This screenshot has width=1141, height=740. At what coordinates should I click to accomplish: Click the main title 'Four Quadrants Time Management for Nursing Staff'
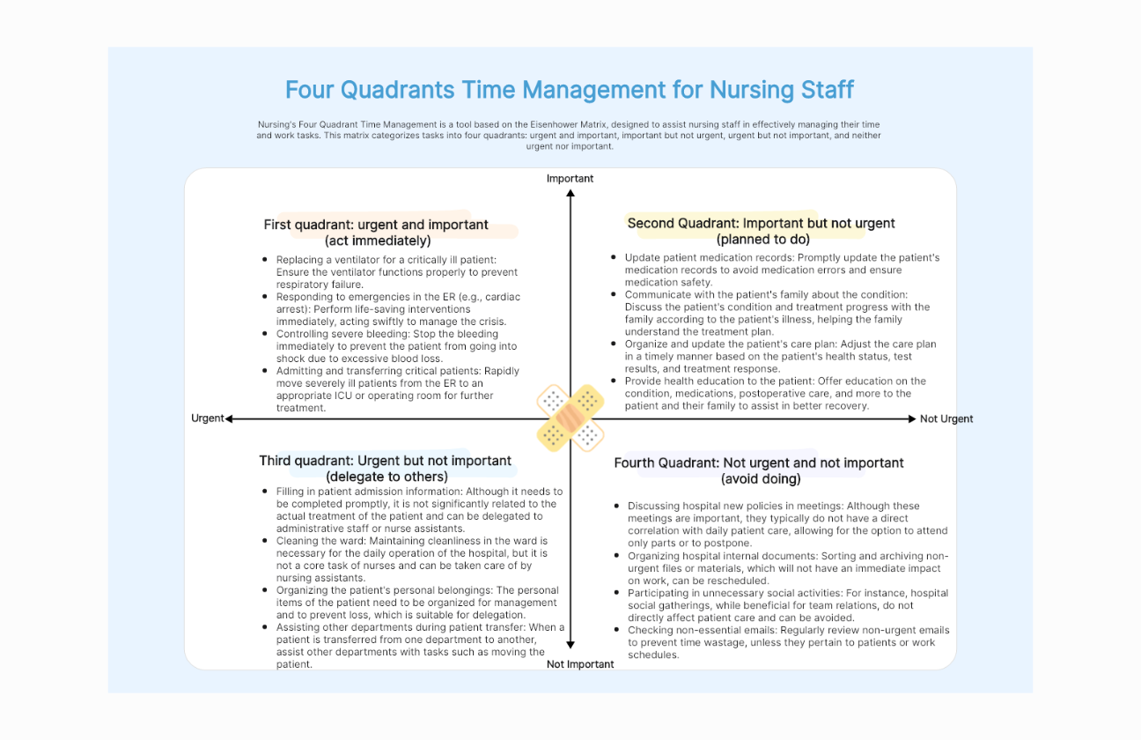click(570, 90)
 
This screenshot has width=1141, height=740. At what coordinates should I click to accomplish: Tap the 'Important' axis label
click(570, 179)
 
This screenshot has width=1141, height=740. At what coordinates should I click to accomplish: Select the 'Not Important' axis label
click(580, 664)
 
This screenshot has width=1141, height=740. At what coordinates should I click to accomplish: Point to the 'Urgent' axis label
click(208, 418)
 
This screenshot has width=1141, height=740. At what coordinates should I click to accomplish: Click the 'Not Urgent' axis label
click(946, 419)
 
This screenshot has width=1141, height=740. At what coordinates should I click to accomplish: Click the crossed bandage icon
click(570, 418)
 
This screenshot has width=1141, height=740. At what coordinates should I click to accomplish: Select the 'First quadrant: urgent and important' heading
click(376, 225)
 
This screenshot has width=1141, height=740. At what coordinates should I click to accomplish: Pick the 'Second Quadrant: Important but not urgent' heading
click(761, 224)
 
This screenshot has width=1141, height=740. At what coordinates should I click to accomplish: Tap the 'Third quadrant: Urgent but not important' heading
click(385, 461)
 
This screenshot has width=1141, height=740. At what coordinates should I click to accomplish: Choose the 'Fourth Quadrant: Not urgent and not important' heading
click(759, 462)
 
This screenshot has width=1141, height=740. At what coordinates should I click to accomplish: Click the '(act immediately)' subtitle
click(378, 240)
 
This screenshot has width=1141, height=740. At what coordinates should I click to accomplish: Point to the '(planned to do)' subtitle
click(762, 240)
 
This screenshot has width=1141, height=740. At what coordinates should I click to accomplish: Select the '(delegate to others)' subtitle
click(386, 477)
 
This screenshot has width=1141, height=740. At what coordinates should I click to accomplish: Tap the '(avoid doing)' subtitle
click(761, 479)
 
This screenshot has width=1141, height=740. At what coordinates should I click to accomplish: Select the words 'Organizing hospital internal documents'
click(722, 556)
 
